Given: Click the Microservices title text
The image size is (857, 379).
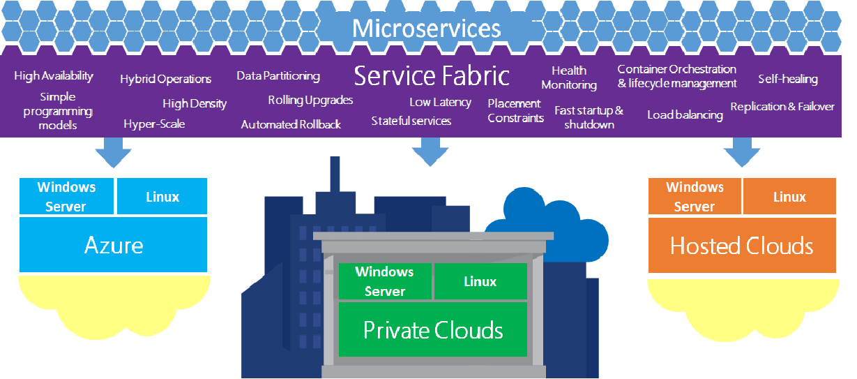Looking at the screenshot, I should (x=426, y=29).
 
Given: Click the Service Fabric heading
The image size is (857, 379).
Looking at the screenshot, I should (x=432, y=75).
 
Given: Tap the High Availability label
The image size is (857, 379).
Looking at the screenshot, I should (x=54, y=76).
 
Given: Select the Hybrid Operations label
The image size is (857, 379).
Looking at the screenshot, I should (x=165, y=79).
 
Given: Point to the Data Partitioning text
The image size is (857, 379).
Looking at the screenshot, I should (x=278, y=75).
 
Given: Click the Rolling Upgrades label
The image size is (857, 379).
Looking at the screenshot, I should (x=310, y=101).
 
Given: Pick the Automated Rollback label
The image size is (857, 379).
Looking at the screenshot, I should (x=291, y=124).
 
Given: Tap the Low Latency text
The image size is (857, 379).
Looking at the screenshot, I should (x=440, y=102).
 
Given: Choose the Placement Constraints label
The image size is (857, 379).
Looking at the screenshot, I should (x=515, y=111).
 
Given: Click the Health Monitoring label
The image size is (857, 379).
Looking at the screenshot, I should (x=569, y=77).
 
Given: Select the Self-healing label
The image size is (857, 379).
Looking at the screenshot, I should (x=788, y=79).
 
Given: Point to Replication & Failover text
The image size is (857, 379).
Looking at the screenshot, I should (x=782, y=107).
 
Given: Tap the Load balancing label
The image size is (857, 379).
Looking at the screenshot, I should (x=685, y=115).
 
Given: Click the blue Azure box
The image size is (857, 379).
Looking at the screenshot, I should (x=114, y=244).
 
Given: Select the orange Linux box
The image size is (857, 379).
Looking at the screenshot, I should (x=789, y=196).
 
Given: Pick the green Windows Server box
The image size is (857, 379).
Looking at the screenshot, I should (x=384, y=281).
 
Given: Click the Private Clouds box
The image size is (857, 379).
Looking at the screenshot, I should (x=432, y=329).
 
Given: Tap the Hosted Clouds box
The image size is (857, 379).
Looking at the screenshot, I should (x=741, y=246).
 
